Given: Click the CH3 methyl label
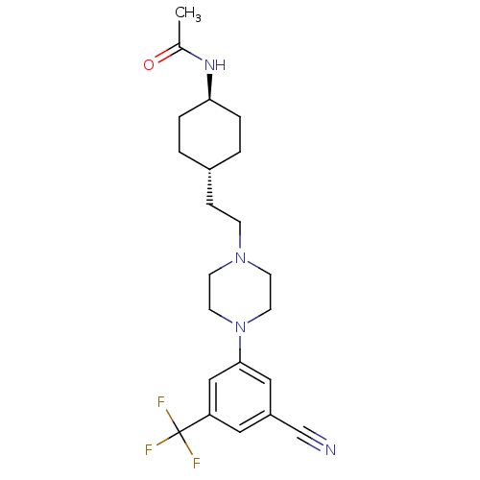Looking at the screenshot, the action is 188,14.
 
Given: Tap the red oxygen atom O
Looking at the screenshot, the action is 149,65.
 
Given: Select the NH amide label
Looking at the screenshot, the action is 215,65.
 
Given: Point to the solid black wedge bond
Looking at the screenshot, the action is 209,86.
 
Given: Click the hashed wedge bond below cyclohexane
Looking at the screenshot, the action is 209,187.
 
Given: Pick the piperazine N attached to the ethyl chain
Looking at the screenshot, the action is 240,257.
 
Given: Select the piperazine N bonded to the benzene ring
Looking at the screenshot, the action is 240,327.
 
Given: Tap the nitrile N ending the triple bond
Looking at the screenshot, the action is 330,449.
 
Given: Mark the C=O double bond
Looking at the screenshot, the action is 167,54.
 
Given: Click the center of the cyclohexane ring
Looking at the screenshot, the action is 209,134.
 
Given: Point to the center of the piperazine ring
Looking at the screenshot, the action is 240,292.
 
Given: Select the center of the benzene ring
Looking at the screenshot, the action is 240,397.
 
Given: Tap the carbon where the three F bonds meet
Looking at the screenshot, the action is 180,432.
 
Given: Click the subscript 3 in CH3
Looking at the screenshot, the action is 198,18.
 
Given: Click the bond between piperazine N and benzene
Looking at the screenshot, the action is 240,348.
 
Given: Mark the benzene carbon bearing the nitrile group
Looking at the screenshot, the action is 271,415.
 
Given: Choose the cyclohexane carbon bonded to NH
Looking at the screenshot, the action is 209,100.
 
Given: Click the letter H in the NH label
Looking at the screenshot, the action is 221,65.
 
